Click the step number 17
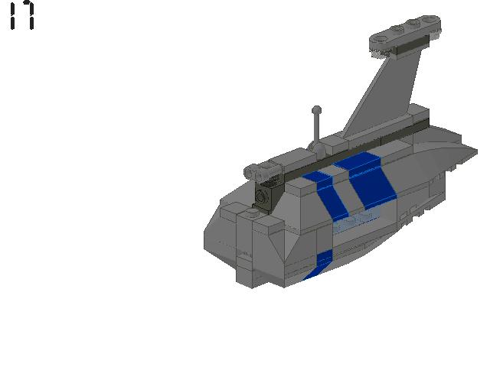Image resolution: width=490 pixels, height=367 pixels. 21,15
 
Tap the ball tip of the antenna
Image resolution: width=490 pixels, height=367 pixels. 316,110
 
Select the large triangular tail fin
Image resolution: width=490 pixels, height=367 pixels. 384,93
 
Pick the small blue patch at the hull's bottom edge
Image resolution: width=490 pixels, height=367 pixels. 319,265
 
